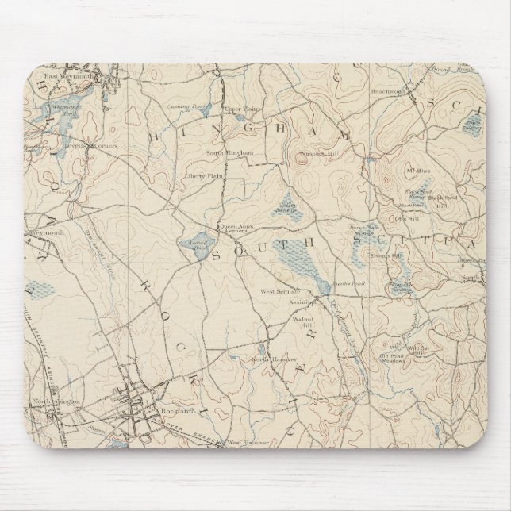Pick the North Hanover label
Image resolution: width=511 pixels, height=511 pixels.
click(269, 361)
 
